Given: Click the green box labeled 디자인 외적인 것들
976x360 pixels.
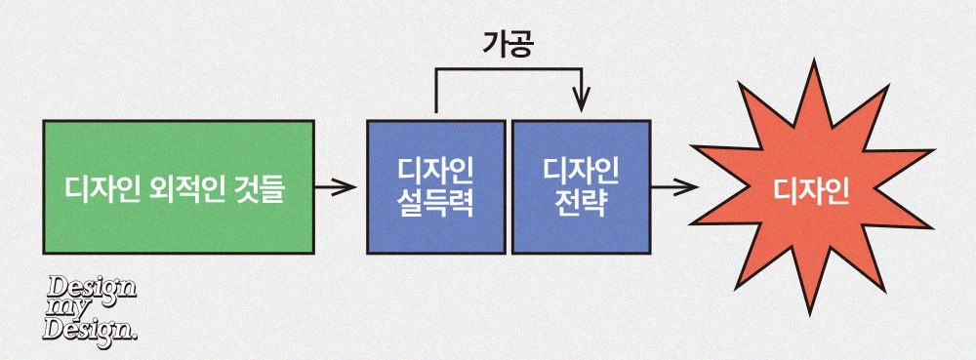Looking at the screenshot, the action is point(178,187).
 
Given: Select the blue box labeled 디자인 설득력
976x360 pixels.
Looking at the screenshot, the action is point(435,187).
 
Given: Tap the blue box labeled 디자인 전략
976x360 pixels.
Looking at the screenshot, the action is point(581,187).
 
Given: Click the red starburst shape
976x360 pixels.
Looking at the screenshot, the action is point(812,187).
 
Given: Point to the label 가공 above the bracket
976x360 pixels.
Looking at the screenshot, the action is point(508,45).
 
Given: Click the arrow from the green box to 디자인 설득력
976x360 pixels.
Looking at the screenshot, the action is point(336,186).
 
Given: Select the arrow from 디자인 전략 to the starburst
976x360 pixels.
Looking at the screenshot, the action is point(674,186).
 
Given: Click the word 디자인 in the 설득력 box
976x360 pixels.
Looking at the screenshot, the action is point(435,171).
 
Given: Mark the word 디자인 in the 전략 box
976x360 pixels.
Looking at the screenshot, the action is point(581,171).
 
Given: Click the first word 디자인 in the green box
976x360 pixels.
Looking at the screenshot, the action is point(104,187).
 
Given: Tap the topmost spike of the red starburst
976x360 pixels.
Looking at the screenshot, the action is point(812,60).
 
